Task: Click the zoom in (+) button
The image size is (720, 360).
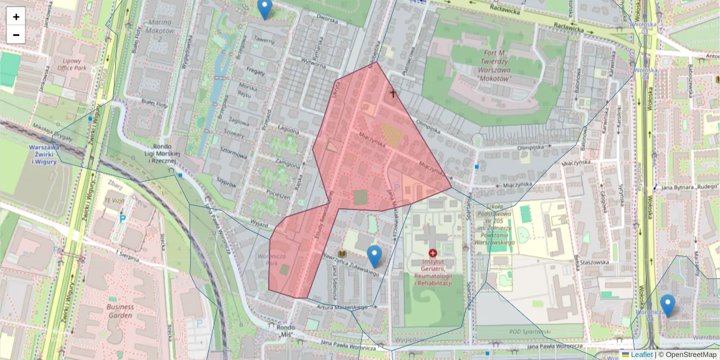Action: click(16, 17)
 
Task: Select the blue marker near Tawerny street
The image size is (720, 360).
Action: click(264, 9)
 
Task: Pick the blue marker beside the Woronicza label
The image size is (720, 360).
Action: click(667, 305)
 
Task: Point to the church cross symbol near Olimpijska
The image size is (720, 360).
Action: click(394, 94)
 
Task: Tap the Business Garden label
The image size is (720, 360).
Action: click(120, 311)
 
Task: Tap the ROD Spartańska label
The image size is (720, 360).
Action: click(530, 332)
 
